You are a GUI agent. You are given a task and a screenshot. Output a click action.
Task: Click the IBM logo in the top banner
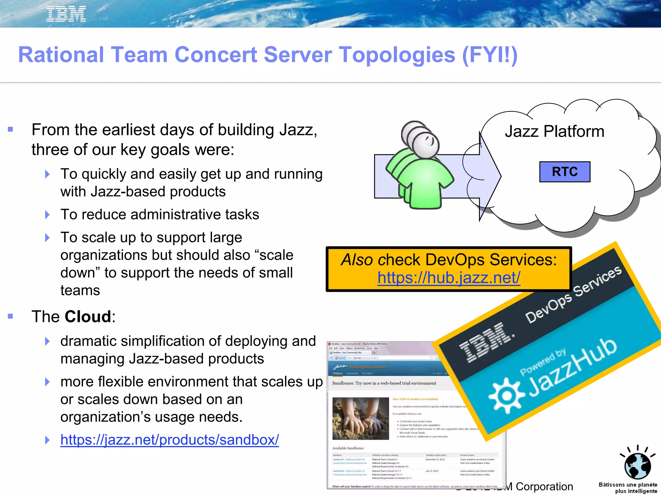66,14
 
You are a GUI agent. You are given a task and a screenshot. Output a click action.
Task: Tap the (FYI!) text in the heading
490,55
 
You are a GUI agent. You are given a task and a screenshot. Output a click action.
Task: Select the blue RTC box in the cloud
564,172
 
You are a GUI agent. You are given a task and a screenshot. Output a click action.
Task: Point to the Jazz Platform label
554,131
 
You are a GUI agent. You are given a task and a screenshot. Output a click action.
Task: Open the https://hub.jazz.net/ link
449,278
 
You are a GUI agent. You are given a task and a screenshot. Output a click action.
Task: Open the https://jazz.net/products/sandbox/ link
169,440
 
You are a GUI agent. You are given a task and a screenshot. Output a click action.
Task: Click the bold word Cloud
88,316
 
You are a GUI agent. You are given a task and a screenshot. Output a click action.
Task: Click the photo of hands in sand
361,418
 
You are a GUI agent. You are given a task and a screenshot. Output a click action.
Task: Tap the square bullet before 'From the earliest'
10,130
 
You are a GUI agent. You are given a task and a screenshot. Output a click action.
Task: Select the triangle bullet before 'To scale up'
47,238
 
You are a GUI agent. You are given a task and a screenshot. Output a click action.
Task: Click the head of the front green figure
425,144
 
